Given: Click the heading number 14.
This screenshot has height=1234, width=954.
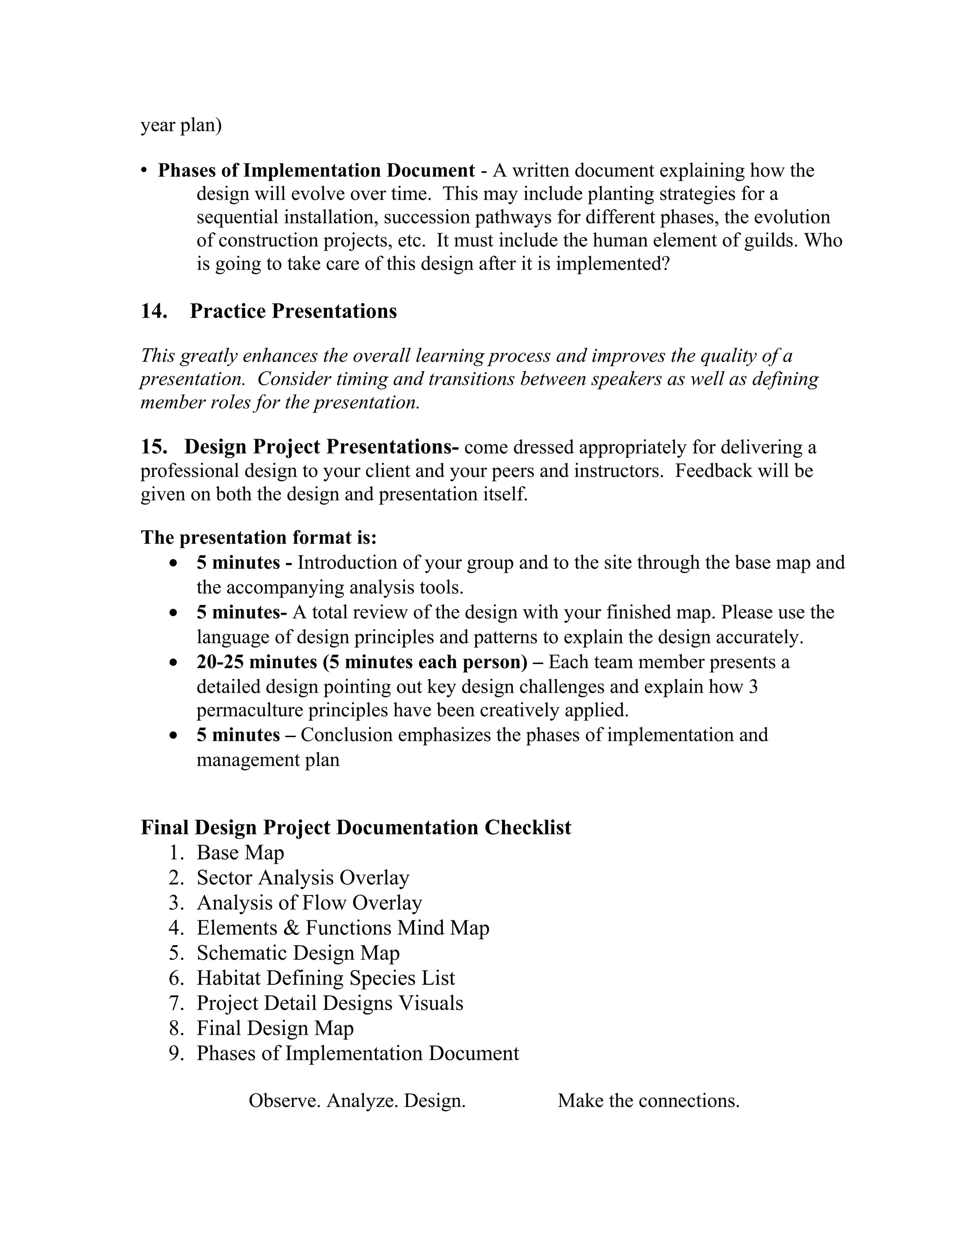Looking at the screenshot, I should point(153,312).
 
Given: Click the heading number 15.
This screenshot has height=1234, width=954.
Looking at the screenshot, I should point(153,447).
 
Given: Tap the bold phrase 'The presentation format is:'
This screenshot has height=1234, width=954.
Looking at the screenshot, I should point(258,537).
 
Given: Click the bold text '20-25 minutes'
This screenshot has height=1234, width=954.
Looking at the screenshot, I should point(257,662).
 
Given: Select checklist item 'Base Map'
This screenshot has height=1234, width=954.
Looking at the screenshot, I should point(240,853).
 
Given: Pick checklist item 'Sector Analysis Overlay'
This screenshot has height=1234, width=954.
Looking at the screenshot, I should point(303,877).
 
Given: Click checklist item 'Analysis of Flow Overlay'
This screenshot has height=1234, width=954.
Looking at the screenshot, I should point(309,903).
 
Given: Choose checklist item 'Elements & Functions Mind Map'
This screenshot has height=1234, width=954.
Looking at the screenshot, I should point(343,928).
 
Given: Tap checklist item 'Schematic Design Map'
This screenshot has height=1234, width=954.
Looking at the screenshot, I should point(298,953).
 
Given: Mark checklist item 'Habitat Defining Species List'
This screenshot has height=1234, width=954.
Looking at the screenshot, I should point(326,978).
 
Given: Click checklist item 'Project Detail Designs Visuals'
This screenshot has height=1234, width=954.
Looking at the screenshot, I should point(329,1003).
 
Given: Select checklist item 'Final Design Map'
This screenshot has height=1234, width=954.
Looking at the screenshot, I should point(275,1028).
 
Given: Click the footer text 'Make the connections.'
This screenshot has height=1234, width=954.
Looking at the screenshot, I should point(648,1101).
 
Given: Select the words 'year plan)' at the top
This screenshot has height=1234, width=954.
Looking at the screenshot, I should point(181,125).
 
